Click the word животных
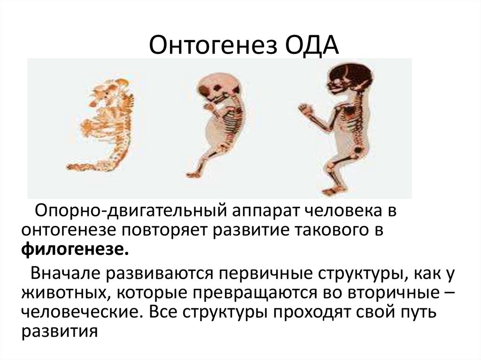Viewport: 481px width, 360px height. [64, 292]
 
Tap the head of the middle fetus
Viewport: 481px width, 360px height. [212, 89]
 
